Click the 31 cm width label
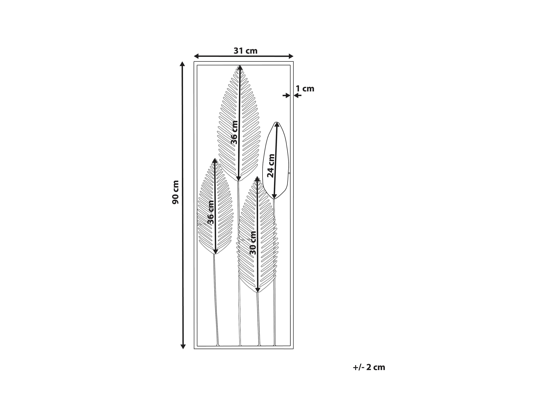click(x=245, y=51)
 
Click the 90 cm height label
click(x=175, y=192)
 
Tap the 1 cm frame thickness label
click(x=305, y=89)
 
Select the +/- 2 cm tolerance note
click(x=369, y=367)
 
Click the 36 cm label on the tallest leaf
click(x=234, y=132)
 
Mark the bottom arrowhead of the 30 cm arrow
click(x=257, y=290)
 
